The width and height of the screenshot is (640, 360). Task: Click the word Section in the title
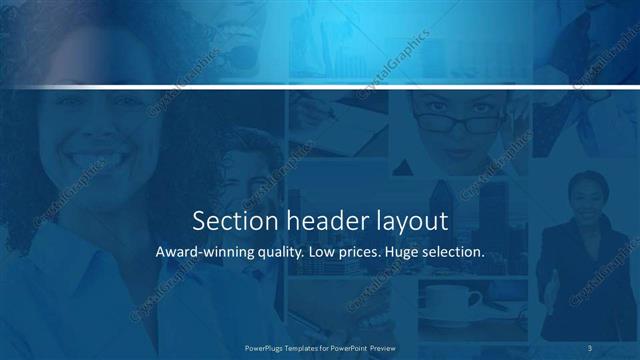[x=227, y=220]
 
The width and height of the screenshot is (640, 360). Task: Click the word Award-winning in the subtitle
[x=200, y=253]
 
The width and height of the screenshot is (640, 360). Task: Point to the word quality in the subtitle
[x=275, y=253]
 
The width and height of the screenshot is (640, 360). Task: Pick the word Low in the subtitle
[x=322, y=252]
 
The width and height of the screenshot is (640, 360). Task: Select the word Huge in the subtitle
[x=406, y=253]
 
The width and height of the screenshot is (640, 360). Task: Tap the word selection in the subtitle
[x=456, y=252]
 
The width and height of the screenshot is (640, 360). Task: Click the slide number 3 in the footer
[x=590, y=346]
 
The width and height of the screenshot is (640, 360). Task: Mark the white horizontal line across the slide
[x=320, y=88]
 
